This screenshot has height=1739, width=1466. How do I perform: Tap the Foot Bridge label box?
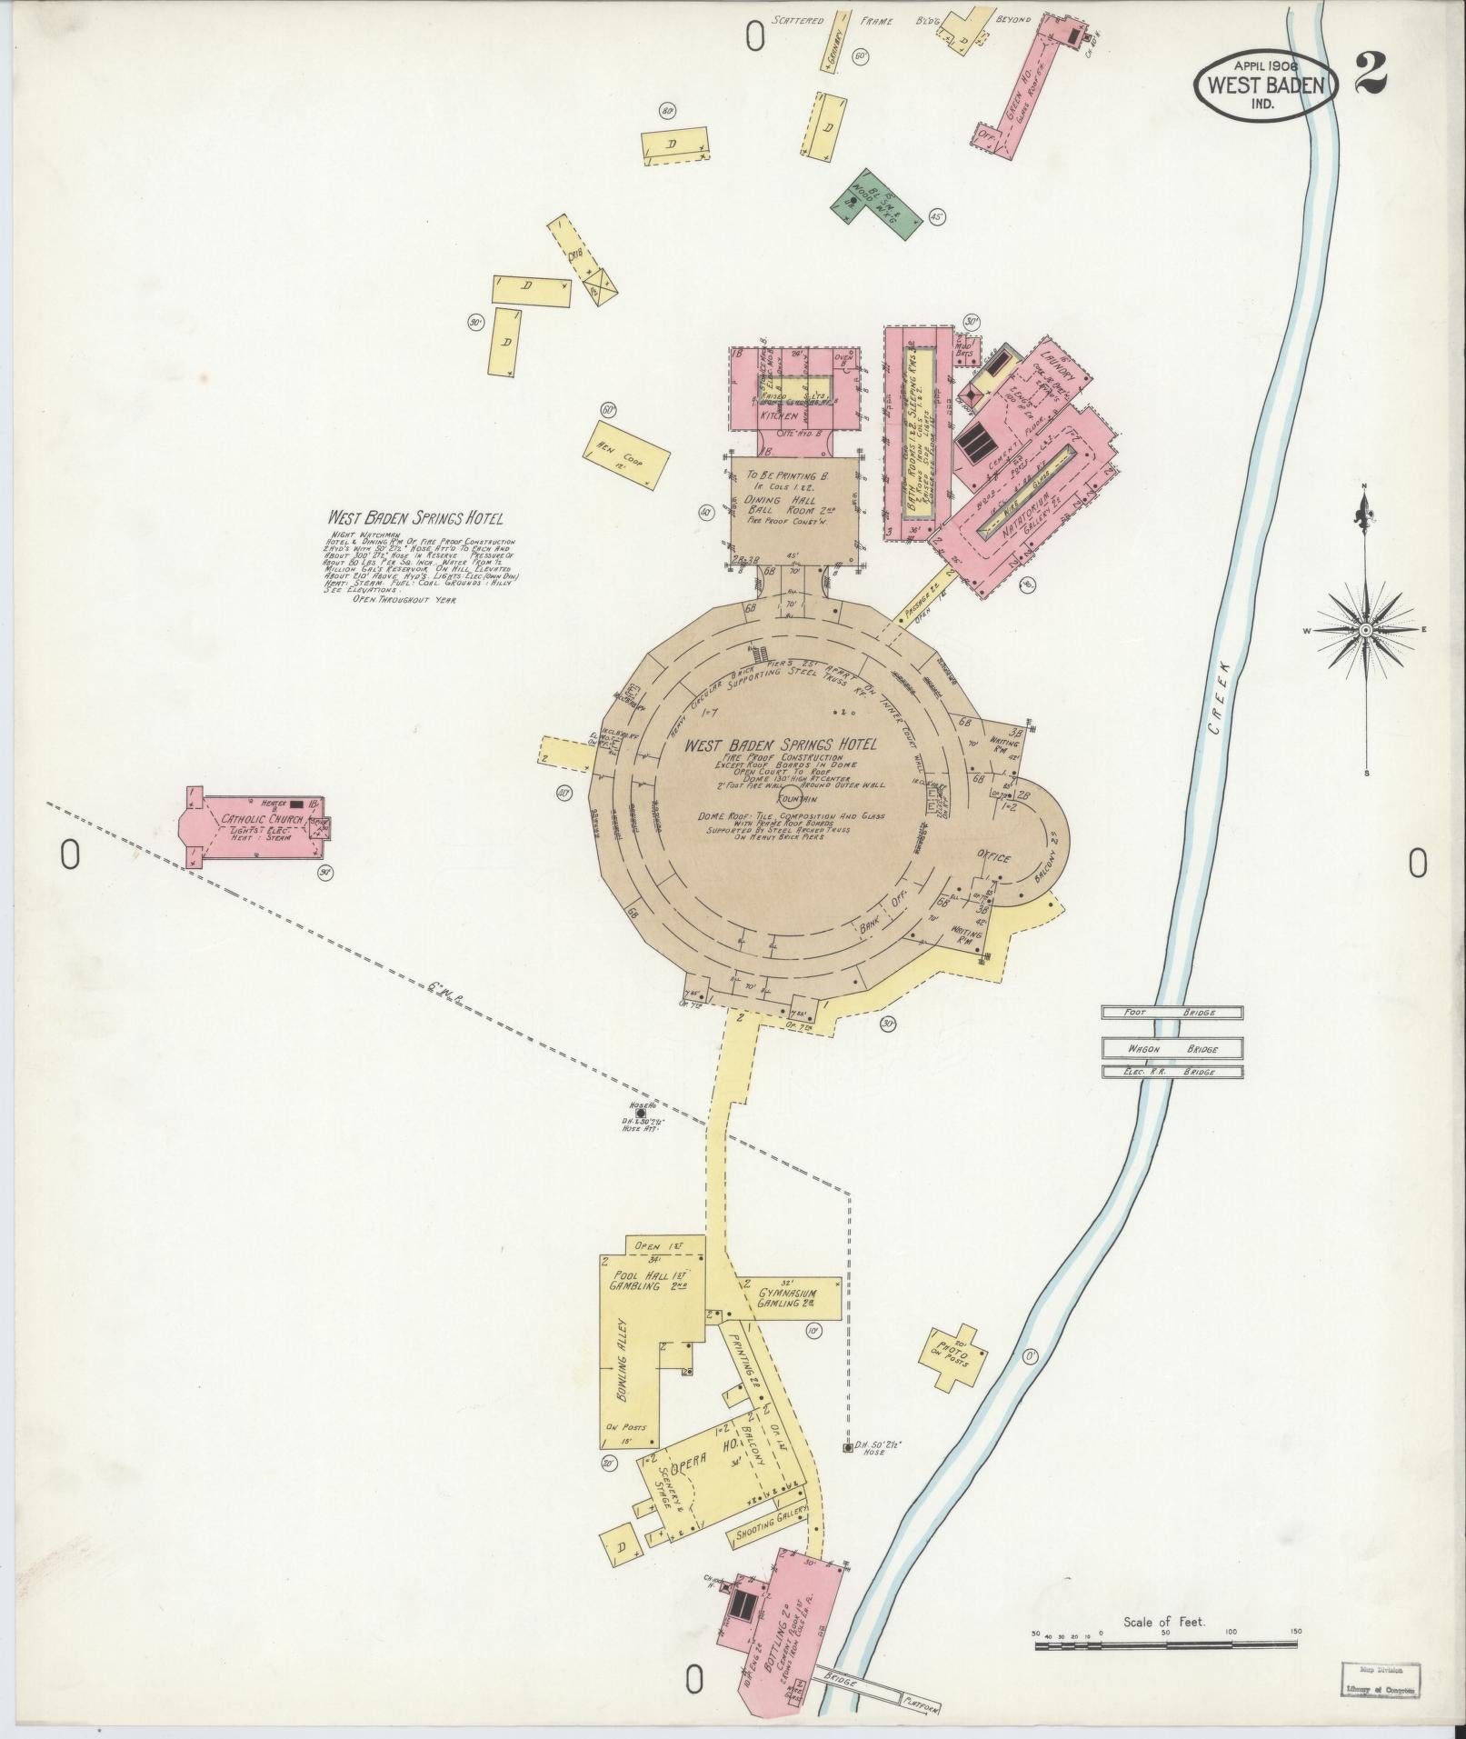point(1171,1013)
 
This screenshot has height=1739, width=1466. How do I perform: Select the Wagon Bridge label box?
point(1172,1049)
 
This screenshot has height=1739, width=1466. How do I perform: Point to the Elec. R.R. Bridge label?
point(1172,1073)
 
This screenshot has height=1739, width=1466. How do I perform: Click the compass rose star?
point(1364,630)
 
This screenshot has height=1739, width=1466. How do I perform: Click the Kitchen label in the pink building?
point(780,415)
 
